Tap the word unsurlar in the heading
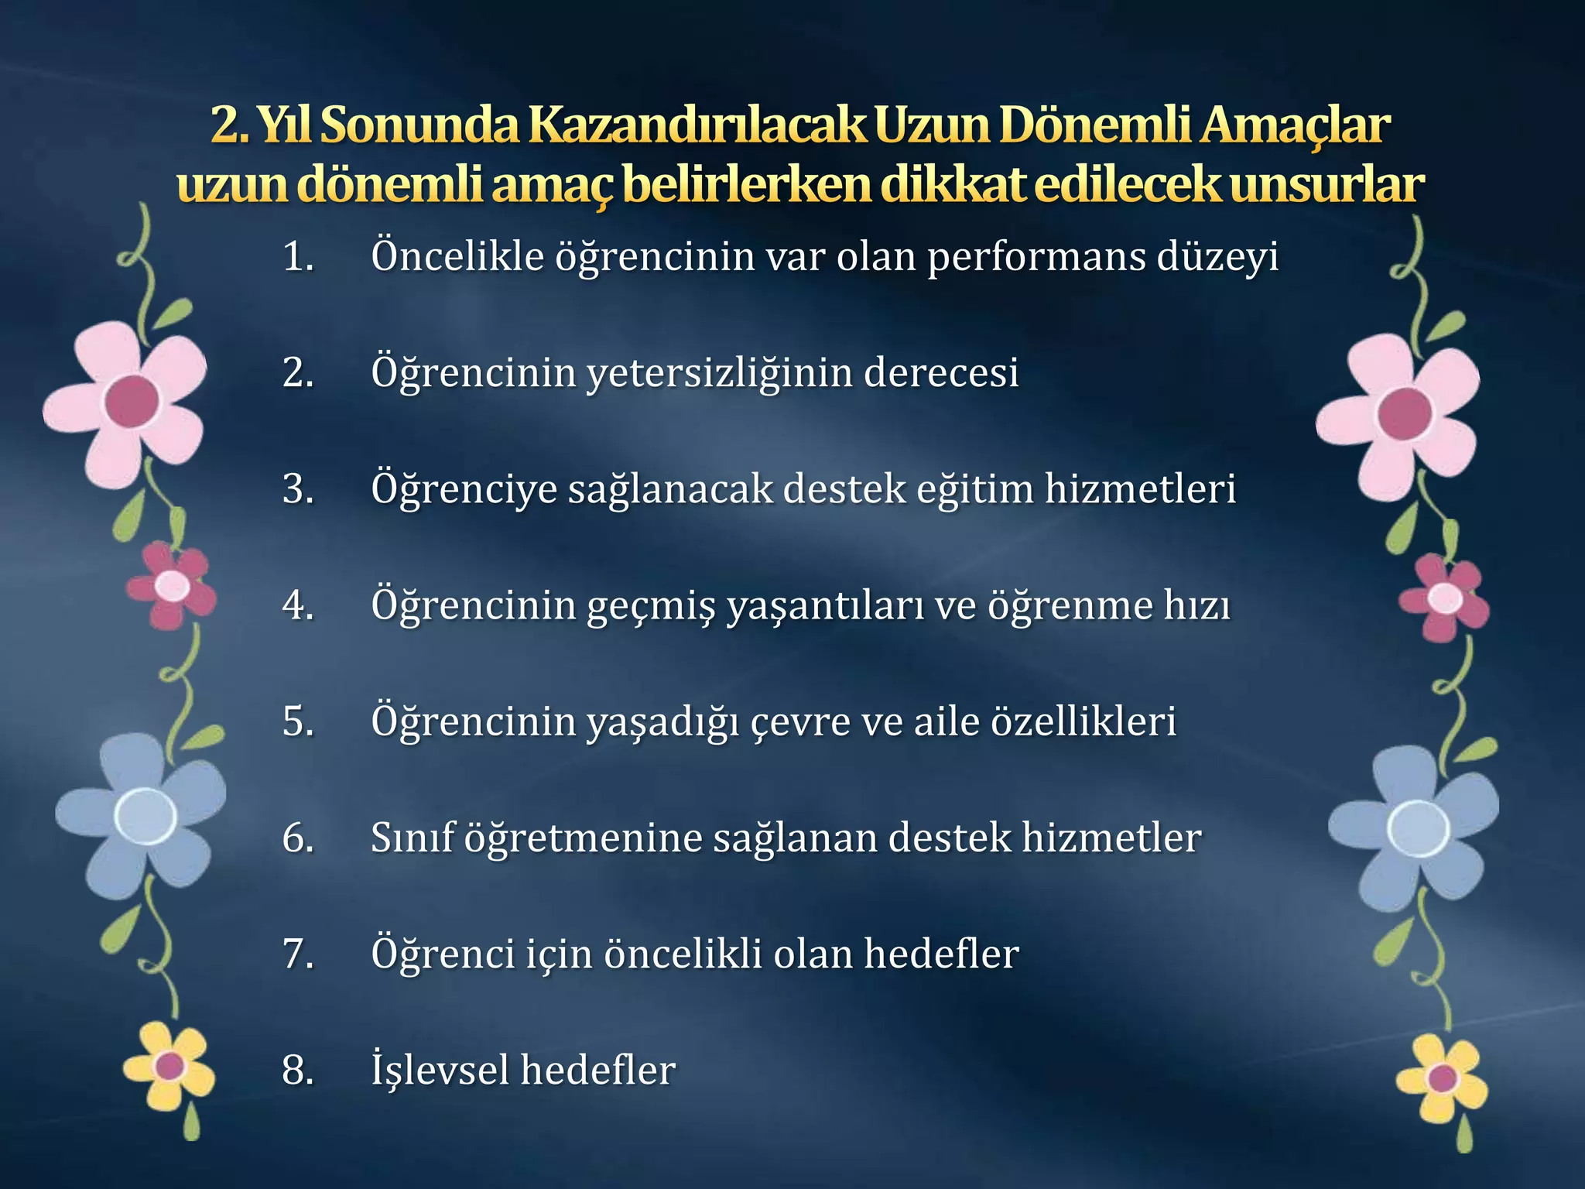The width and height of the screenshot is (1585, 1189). pos(1327,186)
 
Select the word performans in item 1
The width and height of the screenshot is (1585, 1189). pos(1036,257)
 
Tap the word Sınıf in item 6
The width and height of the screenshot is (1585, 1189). pos(412,838)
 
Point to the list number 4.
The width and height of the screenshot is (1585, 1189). pos(298,605)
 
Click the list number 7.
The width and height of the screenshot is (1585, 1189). pos(298,954)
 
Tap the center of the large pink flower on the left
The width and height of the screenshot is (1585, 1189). pos(132,401)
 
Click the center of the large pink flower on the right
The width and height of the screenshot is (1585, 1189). pos(1404,414)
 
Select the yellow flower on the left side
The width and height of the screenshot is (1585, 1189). pos(169,1067)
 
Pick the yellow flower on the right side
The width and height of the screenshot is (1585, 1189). pos(1442,1078)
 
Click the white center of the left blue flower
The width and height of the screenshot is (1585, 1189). pos(145,815)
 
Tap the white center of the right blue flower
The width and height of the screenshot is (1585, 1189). pos(1418,828)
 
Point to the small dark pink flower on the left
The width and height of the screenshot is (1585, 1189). pos(172,585)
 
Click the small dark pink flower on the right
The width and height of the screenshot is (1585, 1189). pos(1444,598)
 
